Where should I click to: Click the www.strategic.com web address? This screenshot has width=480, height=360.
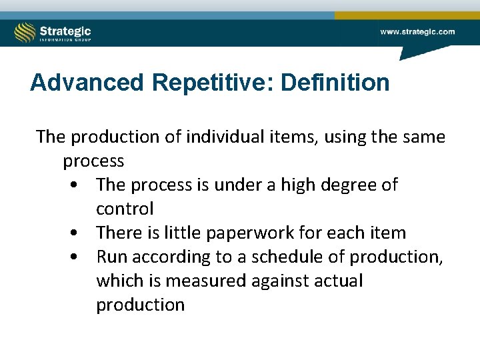(x=417, y=31)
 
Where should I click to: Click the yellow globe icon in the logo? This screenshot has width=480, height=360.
(x=25, y=33)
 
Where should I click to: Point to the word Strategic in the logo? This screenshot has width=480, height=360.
(x=65, y=30)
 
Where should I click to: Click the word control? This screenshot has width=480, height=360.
(x=125, y=209)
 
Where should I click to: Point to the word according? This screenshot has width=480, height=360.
(x=173, y=257)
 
